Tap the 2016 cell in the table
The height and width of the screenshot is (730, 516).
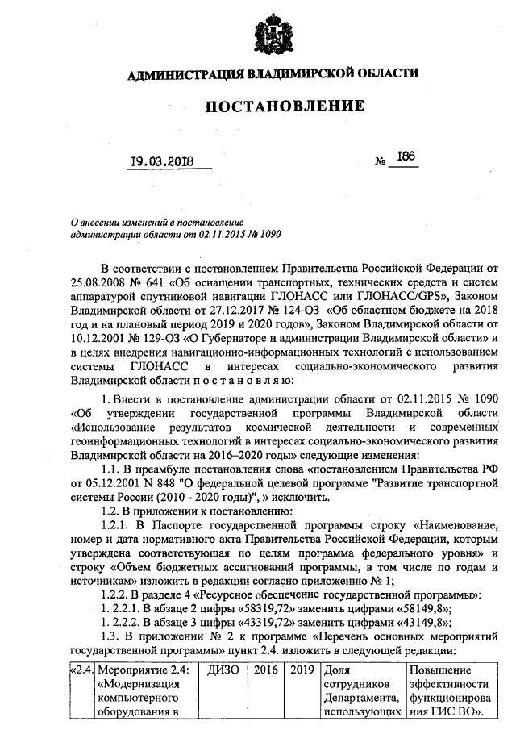266,670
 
